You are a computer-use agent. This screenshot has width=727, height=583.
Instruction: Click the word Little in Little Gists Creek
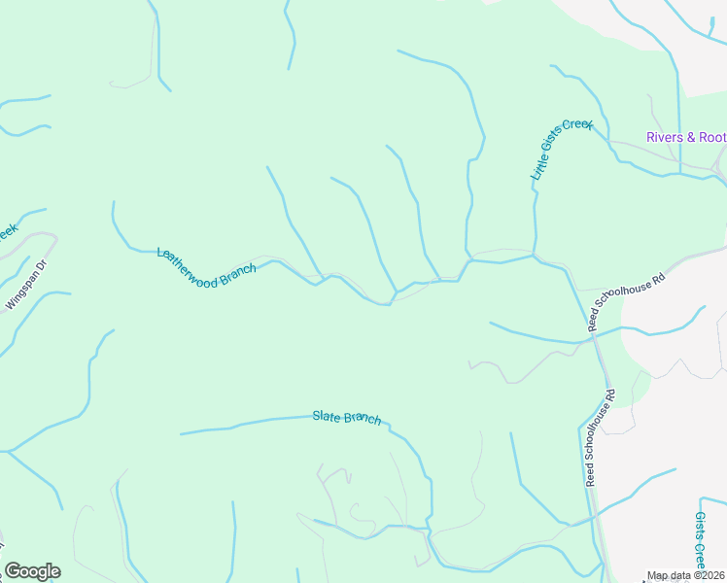click(538, 168)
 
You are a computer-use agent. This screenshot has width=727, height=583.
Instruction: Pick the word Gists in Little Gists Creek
click(555, 147)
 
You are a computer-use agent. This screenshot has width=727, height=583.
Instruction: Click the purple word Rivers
click(666, 137)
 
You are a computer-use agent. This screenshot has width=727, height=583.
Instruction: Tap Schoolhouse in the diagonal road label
click(631, 299)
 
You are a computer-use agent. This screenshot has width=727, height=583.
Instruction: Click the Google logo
click(32, 571)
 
